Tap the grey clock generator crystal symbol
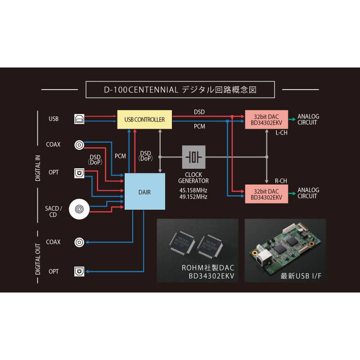pyautogui.click(x=193, y=157)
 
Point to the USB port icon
pyautogui.click(x=79, y=119)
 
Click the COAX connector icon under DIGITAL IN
pyautogui.click(x=79, y=145)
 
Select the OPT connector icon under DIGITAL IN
pyautogui.click(x=79, y=172)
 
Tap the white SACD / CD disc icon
pyautogui.click(x=79, y=209)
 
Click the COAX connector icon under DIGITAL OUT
pyautogui.click(x=79, y=242)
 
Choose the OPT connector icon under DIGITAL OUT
pyautogui.click(x=79, y=271)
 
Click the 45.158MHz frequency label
pyautogui.click(x=193, y=190)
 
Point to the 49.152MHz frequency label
pyautogui.click(x=193, y=197)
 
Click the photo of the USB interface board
pyautogui.click(x=285, y=251)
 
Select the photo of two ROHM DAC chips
pyautogui.click(x=197, y=251)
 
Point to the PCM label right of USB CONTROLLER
pyautogui.click(x=199, y=126)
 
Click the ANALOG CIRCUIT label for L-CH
pyautogui.click(x=308, y=120)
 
